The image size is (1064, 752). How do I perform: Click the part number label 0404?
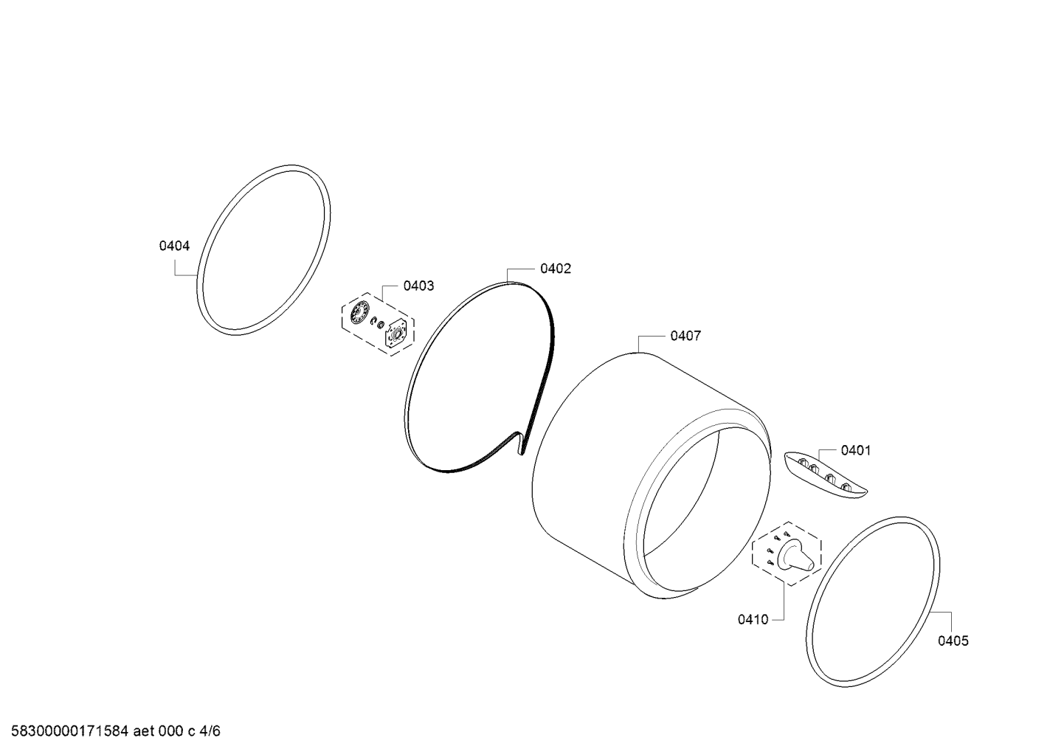174,246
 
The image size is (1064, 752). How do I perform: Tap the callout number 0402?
556,269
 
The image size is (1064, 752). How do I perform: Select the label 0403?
418,286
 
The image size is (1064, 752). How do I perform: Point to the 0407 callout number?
685,337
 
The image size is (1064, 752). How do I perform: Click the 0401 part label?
856,450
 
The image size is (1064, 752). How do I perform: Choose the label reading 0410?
753,620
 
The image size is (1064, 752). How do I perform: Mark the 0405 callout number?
953,641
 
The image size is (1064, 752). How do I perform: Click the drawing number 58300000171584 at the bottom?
70,731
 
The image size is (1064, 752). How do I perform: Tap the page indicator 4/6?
210,731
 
